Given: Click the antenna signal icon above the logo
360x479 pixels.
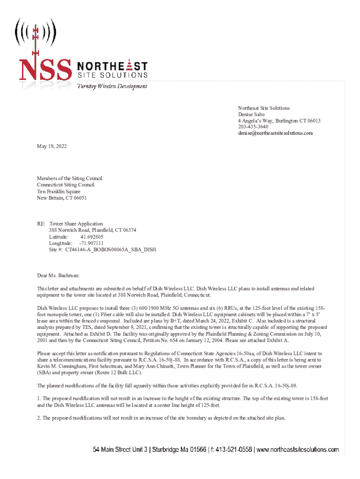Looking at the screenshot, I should click(35, 32).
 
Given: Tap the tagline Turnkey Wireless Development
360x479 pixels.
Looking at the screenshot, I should click(112, 87).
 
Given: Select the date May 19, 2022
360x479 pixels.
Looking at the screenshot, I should click(52, 146).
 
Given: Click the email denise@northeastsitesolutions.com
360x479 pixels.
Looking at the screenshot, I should click(275, 133).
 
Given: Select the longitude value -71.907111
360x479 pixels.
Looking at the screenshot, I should click(92, 243).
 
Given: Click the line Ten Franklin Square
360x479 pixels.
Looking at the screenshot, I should click(59, 191).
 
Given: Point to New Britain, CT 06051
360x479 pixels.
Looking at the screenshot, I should click(62, 198).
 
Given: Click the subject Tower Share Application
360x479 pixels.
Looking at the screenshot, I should click(76, 224).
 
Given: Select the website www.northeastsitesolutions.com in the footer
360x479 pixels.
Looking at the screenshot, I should click(297, 450).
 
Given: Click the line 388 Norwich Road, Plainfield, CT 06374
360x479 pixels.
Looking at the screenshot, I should click(93, 231).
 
